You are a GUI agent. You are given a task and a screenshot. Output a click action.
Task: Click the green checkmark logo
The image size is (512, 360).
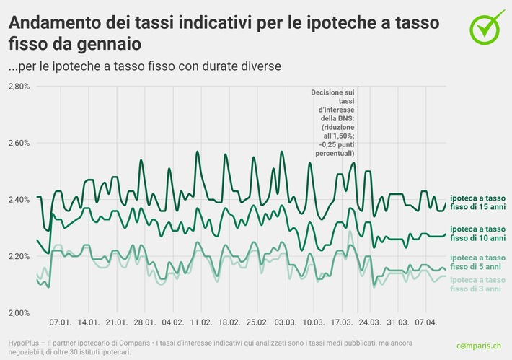[x=487, y=26]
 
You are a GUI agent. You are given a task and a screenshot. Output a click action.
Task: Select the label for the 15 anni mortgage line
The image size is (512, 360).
[x=477, y=202]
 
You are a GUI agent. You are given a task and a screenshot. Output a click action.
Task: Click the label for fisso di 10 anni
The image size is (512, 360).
[x=477, y=232]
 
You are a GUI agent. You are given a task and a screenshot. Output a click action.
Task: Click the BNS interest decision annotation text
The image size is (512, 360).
[x=332, y=123]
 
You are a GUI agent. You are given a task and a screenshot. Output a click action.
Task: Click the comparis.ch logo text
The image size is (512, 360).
[x=480, y=346]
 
